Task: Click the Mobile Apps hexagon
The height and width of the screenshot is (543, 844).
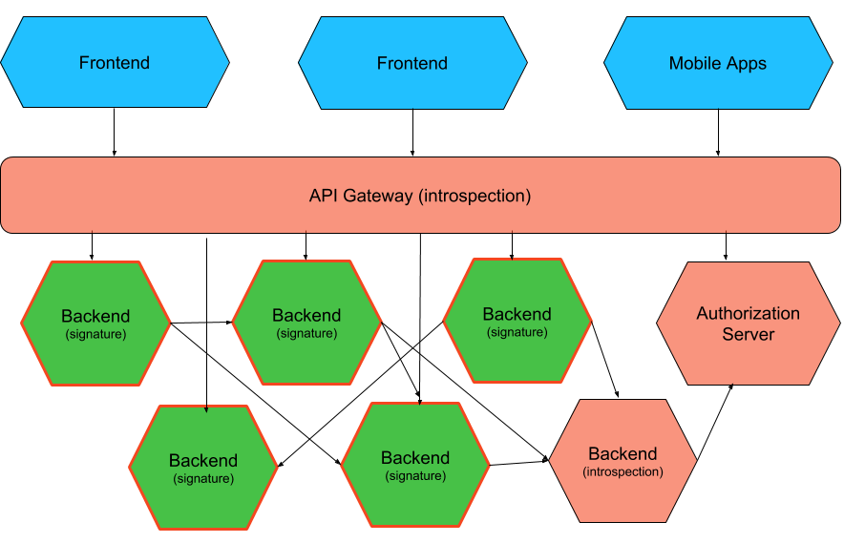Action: pyautogui.click(x=717, y=64)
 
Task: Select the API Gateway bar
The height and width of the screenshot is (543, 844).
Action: pyautogui.click(x=420, y=196)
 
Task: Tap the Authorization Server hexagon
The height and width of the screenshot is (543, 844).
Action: pyautogui.click(x=748, y=324)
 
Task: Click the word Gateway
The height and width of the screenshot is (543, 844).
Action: pyautogui.click(x=380, y=196)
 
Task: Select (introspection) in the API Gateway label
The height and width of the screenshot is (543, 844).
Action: pyautogui.click(x=475, y=196)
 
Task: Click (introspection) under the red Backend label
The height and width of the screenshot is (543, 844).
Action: pyautogui.click(x=622, y=472)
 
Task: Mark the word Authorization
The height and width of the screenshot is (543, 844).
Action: pyautogui.click(x=748, y=313)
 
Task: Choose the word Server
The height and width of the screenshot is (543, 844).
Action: pyautogui.click(x=748, y=334)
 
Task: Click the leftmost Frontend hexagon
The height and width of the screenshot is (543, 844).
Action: pyautogui.click(x=115, y=64)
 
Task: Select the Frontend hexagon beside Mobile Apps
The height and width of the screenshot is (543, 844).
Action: pyautogui.click(x=412, y=64)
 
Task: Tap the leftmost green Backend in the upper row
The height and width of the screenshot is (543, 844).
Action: pyautogui.click(x=95, y=324)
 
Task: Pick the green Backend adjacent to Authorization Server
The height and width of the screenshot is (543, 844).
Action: pyautogui.click(x=517, y=322)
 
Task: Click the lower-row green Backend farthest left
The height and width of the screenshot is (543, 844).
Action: pyautogui.click(x=203, y=468)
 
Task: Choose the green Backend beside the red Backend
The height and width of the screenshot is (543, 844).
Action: pyautogui.click(x=415, y=465)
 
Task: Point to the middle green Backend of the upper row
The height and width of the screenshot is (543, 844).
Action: pyautogui.click(x=306, y=323)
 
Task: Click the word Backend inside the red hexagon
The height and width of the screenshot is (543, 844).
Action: pyautogui.click(x=622, y=454)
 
